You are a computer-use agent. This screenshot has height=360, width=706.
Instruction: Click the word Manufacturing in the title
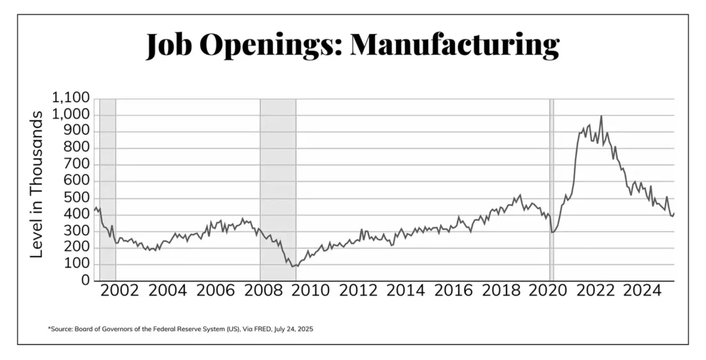(x=454, y=45)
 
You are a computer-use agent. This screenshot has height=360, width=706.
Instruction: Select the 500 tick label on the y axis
(x=77, y=198)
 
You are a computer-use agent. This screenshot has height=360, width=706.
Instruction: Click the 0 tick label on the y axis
(x=85, y=281)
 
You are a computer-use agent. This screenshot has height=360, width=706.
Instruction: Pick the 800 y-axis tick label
(x=77, y=148)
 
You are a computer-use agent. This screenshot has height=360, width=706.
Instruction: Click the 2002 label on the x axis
(x=120, y=290)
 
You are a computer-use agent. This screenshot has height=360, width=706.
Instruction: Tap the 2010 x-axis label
(x=309, y=290)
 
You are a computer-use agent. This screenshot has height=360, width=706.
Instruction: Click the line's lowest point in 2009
(x=292, y=266)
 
